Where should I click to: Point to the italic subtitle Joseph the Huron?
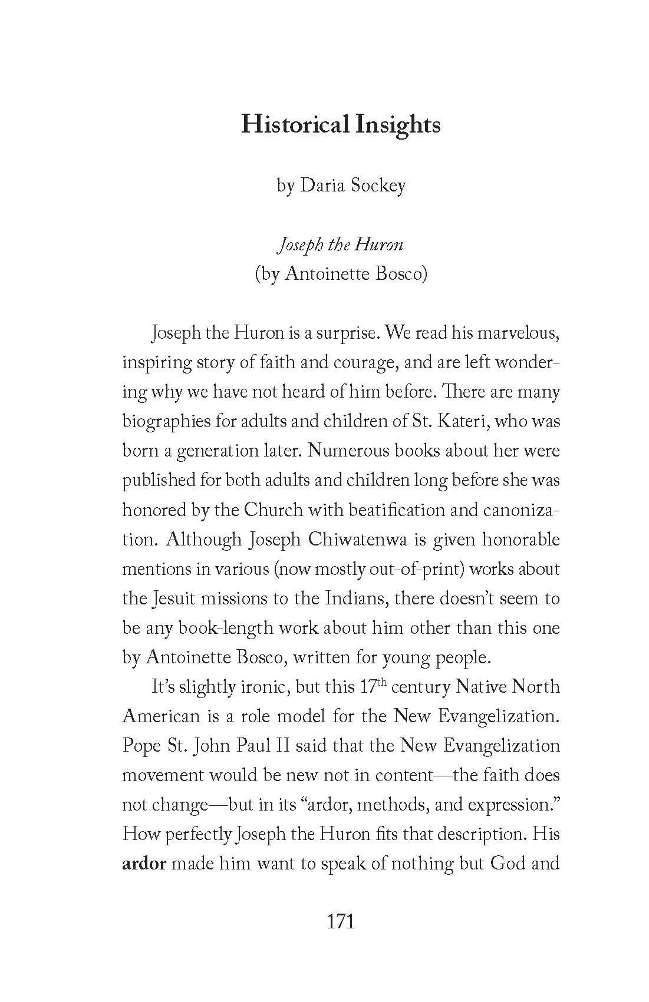coord(340,244)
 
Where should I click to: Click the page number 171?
coord(341,921)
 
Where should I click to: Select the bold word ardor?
coord(144,864)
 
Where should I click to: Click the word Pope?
coord(141,746)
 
